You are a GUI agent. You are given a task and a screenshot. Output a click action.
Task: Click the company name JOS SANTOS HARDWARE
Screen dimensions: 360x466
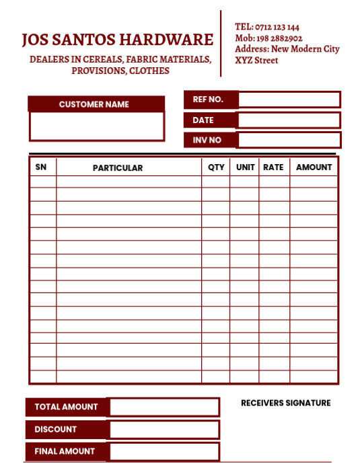tap(117, 40)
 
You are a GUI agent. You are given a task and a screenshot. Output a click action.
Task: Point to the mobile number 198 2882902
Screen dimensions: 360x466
tap(279, 38)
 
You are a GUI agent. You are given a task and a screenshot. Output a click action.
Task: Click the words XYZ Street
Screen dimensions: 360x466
tap(256, 61)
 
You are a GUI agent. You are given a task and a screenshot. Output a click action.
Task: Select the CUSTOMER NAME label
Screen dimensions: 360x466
tap(94, 104)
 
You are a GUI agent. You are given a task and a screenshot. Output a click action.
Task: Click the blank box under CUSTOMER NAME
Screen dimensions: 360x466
tap(96, 126)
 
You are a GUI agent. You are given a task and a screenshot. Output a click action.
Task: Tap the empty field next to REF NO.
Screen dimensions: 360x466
tap(289, 100)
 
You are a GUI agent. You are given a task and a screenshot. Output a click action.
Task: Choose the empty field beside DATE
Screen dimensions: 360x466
tap(289, 120)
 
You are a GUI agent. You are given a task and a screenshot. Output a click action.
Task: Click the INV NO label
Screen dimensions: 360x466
tap(207, 140)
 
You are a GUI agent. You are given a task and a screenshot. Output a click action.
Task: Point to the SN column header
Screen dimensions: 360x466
tap(41, 167)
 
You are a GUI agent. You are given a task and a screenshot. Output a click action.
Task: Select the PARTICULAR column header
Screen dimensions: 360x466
tap(118, 167)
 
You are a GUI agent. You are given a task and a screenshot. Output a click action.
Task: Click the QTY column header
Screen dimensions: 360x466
tap(216, 167)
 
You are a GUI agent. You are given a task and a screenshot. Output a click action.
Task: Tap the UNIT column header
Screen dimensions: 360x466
tap(245, 167)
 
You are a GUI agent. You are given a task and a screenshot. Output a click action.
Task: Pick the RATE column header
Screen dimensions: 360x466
tap(273, 167)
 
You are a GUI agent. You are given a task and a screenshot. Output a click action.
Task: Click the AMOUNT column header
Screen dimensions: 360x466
tap(314, 167)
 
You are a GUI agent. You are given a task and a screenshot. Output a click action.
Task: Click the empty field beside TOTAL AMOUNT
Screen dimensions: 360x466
tap(164, 407)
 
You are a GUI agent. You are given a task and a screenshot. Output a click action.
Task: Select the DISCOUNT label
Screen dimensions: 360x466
tap(56, 429)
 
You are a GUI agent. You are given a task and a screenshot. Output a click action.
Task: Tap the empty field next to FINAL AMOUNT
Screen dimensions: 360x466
tap(164, 451)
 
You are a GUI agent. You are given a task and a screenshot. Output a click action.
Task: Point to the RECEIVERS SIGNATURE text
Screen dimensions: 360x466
tap(285, 403)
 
